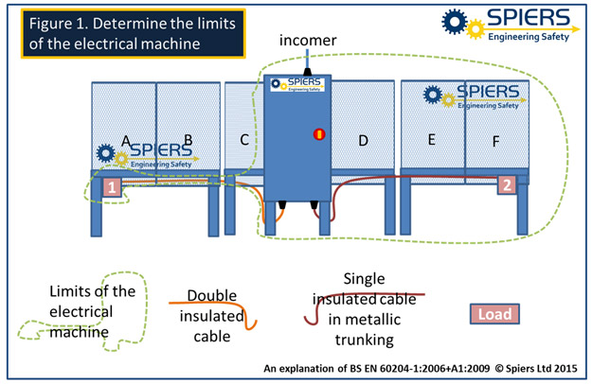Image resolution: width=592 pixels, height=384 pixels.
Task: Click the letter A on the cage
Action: click(x=125, y=142)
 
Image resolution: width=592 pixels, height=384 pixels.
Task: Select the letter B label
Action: click(x=188, y=141)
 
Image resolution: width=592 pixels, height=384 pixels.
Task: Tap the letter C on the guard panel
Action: click(x=243, y=141)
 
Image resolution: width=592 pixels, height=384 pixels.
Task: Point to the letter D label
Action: click(x=363, y=141)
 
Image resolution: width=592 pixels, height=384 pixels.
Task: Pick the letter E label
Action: click(x=431, y=140)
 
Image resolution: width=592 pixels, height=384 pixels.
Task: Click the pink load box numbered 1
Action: click(x=113, y=186)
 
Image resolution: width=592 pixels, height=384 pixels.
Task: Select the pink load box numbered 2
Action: click(x=507, y=184)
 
